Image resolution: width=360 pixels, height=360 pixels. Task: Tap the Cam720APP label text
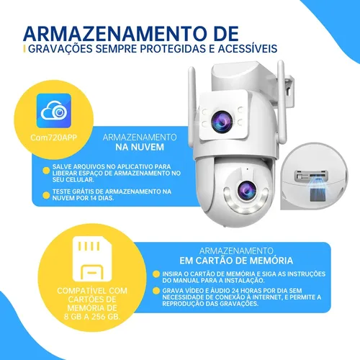point(53,138)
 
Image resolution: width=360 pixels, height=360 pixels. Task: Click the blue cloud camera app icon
point(54,110)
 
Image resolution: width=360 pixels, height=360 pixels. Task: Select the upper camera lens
point(222,122)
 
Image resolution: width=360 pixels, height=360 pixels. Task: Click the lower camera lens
point(246,191)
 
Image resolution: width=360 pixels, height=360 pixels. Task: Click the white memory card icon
point(92,258)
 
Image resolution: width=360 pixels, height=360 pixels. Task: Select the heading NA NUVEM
point(140,147)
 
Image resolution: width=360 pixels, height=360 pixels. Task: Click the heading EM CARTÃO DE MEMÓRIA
point(236,261)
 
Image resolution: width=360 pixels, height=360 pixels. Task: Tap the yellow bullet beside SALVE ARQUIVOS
point(46,171)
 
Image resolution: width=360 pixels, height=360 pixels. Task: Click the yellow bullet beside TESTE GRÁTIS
point(46,195)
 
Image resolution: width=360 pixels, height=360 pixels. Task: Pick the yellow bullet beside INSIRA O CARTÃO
point(156,274)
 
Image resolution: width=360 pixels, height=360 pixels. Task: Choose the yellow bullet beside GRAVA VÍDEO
point(156,291)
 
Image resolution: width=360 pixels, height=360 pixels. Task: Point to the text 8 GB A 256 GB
point(92,317)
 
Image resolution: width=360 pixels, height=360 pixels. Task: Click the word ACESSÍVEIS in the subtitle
point(248,49)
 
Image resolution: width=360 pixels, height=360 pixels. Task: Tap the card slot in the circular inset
point(311,176)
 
